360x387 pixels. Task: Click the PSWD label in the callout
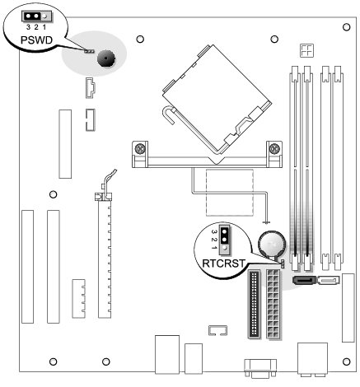[36, 40]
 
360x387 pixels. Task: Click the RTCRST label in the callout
[223, 263]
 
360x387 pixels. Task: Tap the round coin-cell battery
[272, 244]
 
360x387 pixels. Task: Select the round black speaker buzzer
[106, 58]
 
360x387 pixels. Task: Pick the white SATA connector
[329, 280]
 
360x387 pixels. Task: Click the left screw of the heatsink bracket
[139, 149]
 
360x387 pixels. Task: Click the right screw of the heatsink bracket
[274, 149]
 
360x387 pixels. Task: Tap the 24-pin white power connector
[273, 304]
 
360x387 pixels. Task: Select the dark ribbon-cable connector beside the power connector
[254, 304]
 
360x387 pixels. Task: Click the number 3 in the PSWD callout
[28, 27]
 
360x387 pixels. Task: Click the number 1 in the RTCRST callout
[213, 248]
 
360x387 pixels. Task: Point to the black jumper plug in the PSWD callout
[32, 16]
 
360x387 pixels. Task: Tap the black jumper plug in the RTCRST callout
[225, 235]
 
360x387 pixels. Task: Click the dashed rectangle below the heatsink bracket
[229, 193]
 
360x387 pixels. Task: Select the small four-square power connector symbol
[306, 50]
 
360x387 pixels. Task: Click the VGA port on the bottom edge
[260, 368]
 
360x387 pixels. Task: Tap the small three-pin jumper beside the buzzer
[89, 51]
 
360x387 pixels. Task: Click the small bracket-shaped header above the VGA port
[217, 330]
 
